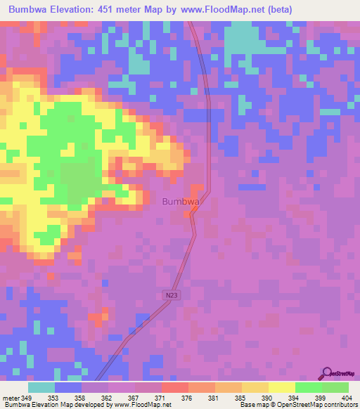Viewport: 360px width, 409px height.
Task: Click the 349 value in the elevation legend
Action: point(27,398)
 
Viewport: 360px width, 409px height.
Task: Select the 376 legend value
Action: point(187,398)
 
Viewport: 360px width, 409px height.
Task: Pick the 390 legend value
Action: point(267,398)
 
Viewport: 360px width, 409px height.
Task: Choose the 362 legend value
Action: point(107,398)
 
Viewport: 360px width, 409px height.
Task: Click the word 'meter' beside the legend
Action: point(10,398)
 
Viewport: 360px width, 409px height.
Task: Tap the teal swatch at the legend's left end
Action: point(41,387)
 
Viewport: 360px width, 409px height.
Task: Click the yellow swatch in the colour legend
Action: point(282,387)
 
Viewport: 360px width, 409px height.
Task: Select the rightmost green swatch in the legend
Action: point(335,387)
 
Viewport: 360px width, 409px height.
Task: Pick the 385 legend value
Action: point(240,398)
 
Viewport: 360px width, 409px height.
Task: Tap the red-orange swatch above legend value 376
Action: point(175,387)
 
